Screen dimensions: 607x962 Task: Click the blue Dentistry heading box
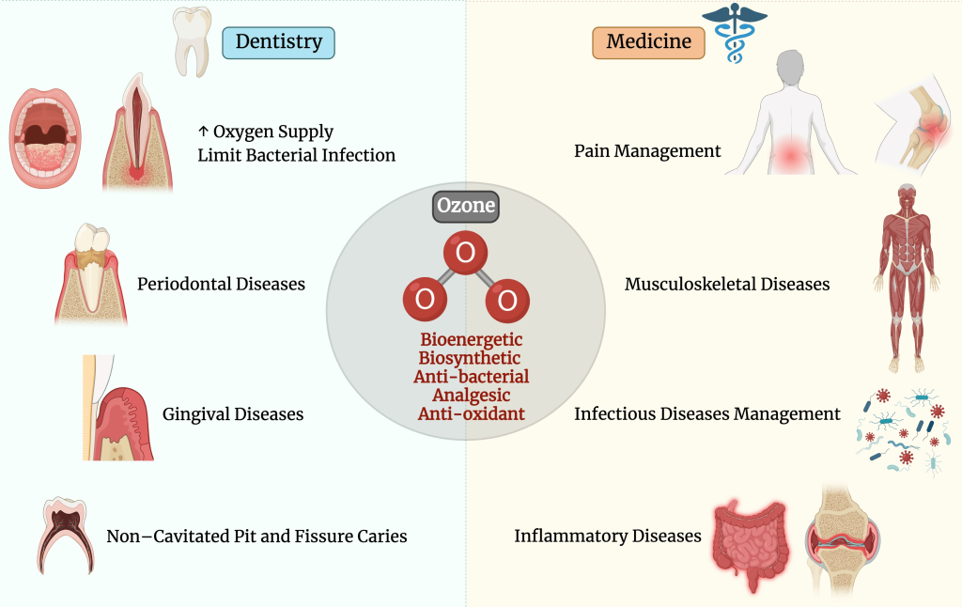278,42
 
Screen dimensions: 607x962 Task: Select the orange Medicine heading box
648,42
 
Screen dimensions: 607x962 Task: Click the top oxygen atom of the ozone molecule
465,253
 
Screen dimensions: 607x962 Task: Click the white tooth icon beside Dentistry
194,42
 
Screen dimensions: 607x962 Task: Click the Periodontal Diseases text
221,284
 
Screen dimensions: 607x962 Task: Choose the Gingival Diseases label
233,413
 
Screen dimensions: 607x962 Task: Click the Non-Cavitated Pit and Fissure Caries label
256,537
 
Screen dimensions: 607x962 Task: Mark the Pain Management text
647,150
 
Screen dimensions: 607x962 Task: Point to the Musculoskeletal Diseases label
727,284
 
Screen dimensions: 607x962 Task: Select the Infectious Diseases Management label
707,413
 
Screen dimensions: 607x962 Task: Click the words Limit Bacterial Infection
296,155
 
